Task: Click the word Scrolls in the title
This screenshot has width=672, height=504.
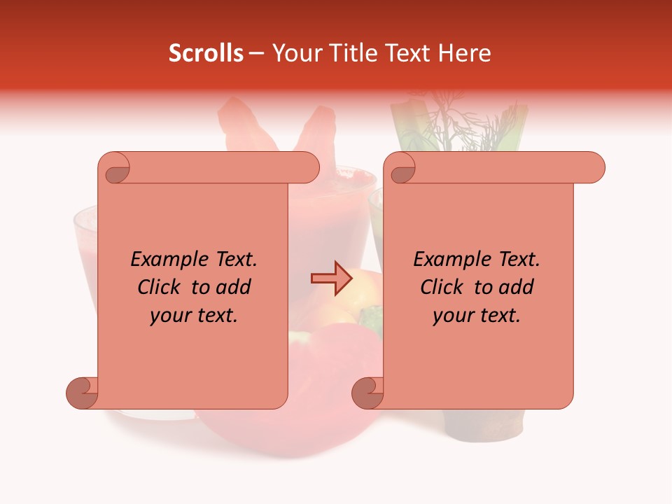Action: [x=206, y=53]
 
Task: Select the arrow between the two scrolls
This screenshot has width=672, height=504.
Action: [x=331, y=279]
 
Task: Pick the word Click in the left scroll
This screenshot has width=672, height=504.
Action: [x=159, y=287]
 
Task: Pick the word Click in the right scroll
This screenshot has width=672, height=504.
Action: [x=442, y=287]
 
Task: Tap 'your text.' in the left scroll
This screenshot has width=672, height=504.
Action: [x=194, y=315]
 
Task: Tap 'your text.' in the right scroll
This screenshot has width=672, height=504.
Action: [x=477, y=315]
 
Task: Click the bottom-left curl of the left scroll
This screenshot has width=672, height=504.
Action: [x=83, y=393]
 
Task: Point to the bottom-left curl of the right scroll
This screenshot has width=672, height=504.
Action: [x=368, y=393]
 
